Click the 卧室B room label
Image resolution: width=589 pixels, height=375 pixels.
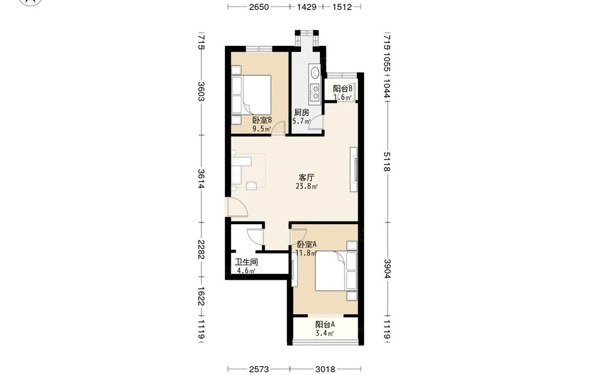pos(262,120)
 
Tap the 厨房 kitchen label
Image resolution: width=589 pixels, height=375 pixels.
pos(301,112)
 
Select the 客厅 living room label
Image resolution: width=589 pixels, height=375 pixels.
pos(306,178)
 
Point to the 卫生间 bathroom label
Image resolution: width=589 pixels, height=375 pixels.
pos(246,262)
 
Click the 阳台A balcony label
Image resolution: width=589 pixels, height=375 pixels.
pos(325,324)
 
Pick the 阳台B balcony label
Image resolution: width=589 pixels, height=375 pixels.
pos(343,89)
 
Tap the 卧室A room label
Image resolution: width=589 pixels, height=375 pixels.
pos(307,244)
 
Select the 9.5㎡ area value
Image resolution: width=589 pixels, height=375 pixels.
pos(262,129)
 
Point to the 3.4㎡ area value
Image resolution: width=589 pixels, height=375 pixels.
pos(325,333)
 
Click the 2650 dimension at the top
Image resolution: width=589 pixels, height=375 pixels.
pos(259,6)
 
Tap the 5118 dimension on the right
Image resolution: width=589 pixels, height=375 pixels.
pos(387,161)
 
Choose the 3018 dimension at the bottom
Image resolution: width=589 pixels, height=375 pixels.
pos(325,369)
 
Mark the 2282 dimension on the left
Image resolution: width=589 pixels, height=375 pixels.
pos(201,250)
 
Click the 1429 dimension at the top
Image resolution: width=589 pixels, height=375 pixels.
pos(306,6)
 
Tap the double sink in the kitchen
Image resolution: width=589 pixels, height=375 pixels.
pos(315,92)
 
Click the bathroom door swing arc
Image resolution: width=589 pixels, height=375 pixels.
pos(256,237)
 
